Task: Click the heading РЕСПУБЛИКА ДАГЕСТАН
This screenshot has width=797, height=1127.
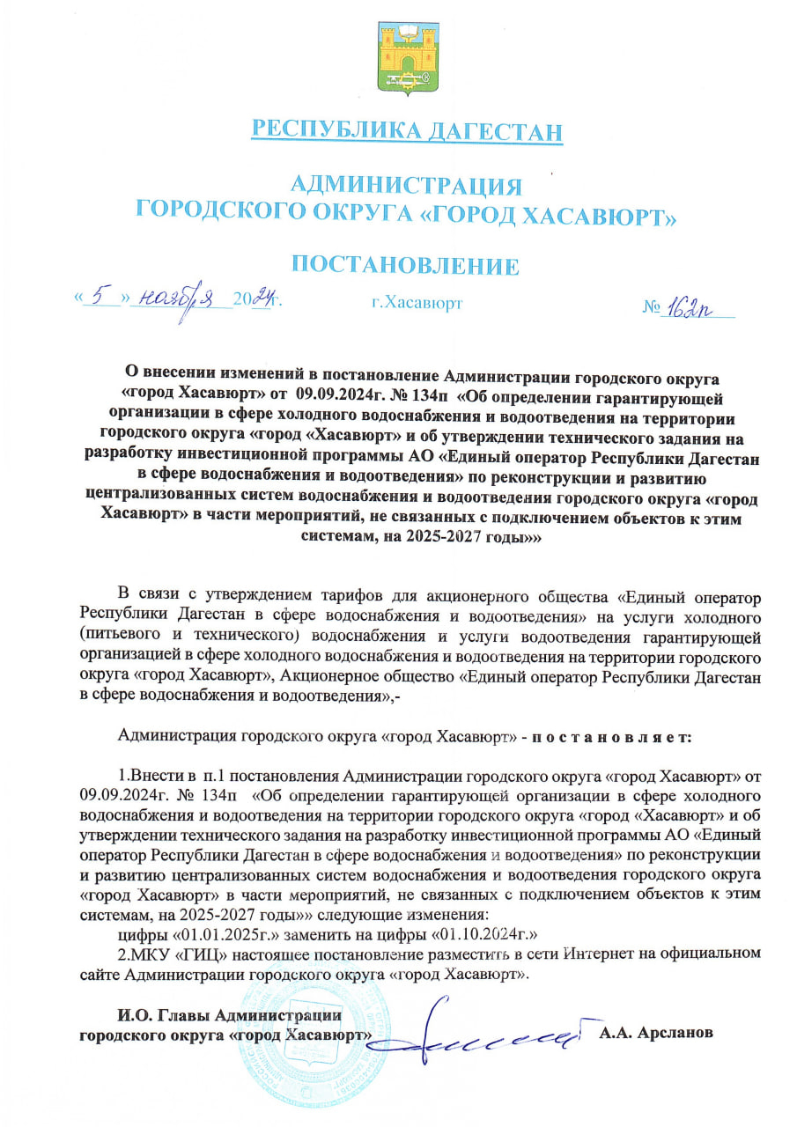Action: [x=407, y=131]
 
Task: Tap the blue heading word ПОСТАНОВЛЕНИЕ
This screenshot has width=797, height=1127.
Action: [x=405, y=265]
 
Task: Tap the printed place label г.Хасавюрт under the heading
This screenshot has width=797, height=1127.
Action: [x=417, y=304]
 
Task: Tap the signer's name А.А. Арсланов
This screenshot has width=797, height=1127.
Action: [x=656, y=1033]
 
